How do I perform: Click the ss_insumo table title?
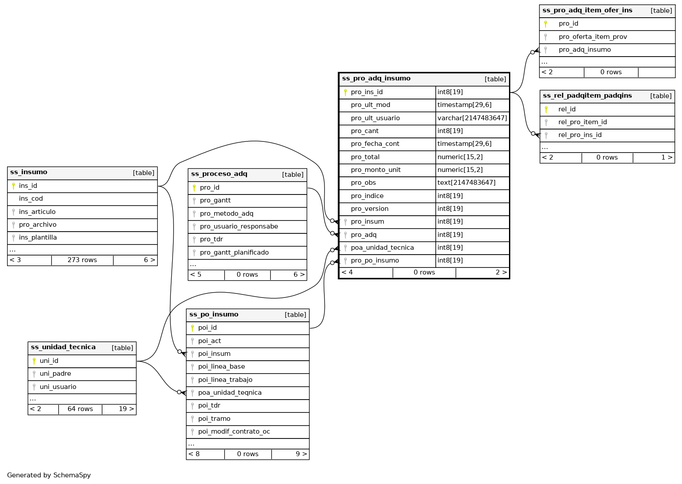pos(29,172)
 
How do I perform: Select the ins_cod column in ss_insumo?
pos(31,199)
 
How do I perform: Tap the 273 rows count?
pos(82,260)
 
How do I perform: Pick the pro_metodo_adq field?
pos(226,213)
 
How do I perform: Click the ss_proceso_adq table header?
pos(219,174)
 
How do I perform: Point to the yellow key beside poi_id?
pos(192,328)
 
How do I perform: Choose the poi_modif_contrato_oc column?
pos(234,432)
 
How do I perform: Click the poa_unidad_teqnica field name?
pos(230,393)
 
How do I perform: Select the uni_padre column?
pos(55,374)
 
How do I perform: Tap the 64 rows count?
pos(80,409)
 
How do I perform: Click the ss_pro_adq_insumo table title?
pos(376,79)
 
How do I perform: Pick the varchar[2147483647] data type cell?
pos(472,118)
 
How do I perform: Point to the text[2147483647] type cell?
pos(466,183)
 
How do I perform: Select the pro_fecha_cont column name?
pos(375,144)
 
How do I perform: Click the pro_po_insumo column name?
pos(375,261)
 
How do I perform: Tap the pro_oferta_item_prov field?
pos(592,37)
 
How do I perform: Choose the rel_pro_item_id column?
pos(582,122)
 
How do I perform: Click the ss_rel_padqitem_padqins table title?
pos(587,96)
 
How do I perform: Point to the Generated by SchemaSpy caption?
pos(49,475)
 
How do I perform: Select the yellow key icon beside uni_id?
pos(34,361)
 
